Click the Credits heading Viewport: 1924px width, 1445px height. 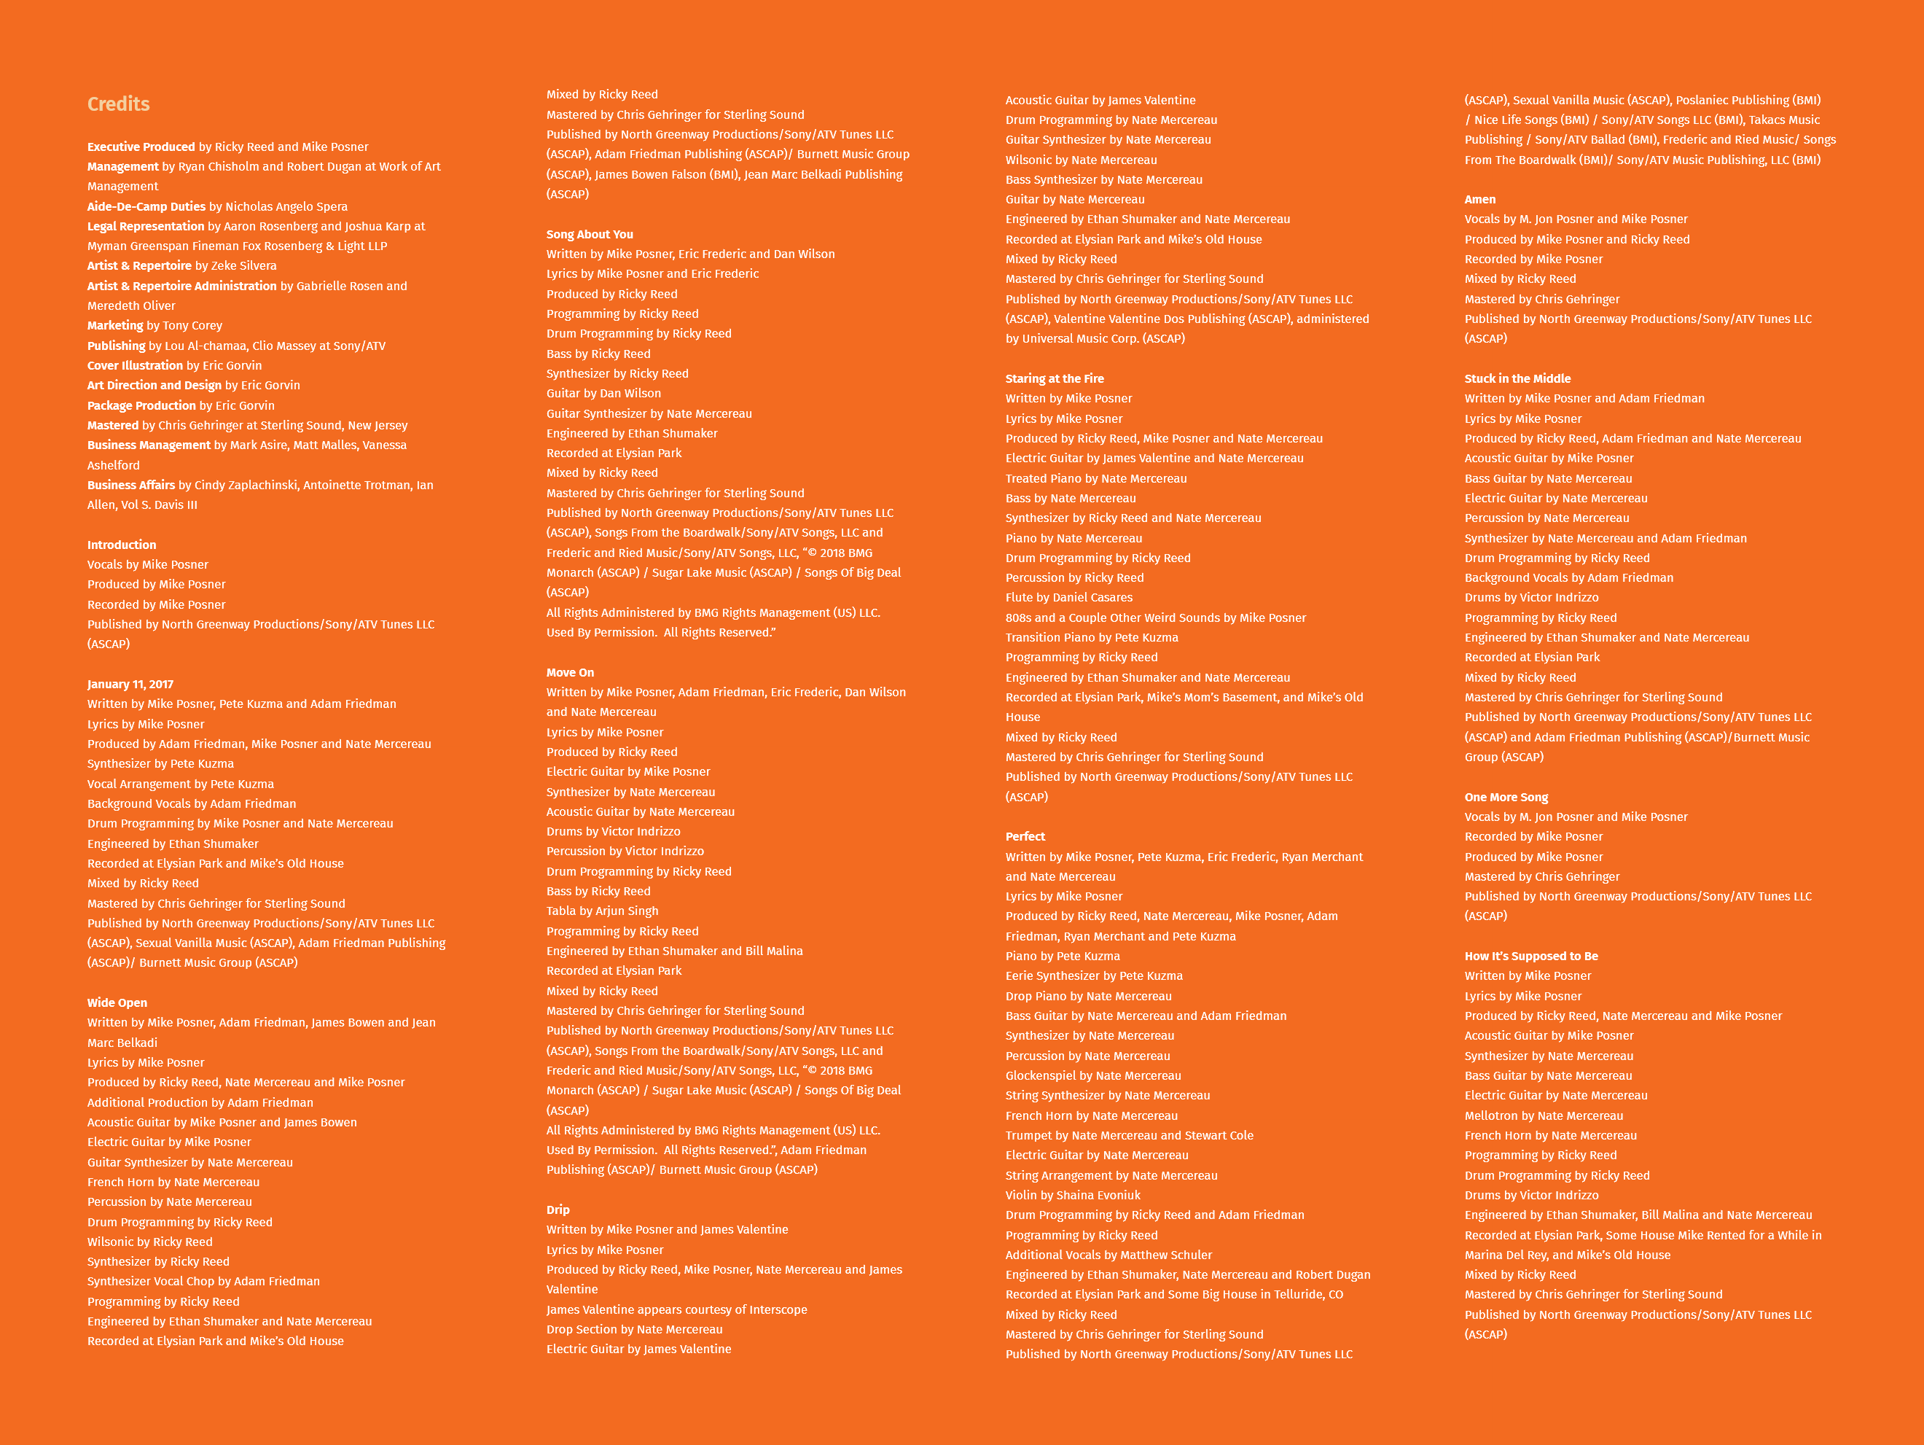pyautogui.click(x=118, y=104)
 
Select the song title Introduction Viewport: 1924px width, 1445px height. pyautogui.click(x=122, y=545)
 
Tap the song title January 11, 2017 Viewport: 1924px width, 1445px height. pyautogui.click(x=130, y=684)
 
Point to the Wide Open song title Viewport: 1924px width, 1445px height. pyautogui.click(x=117, y=1002)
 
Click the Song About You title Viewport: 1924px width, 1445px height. pyautogui.click(x=590, y=234)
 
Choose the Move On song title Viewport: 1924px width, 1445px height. pyautogui.click(x=571, y=672)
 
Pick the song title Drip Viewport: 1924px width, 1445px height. pyautogui.click(x=558, y=1210)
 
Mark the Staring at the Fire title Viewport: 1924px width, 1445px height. pyautogui.click(x=1055, y=378)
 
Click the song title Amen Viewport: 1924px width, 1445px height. pyautogui.click(x=1480, y=199)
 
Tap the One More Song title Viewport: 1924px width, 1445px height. pyautogui.click(x=1506, y=797)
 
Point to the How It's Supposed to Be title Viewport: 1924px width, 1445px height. pyautogui.click(x=1532, y=956)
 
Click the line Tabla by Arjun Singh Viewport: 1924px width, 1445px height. pyautogui.click(x=602, y=911)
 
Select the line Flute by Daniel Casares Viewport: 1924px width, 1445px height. pyautogui.click(x=1069, y=598)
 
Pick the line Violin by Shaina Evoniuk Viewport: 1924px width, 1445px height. pyautogui.click(x=1073, y=1196)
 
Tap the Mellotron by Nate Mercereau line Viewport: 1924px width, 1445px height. pyautogui.click(x=1544, y=1115)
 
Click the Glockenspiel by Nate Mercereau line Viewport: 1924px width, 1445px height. pyautogui.click(x=1093, y=1075)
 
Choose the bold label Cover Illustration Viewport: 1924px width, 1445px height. pyautogui.click(x=135, y=365)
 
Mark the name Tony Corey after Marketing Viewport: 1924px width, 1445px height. pyautogui.click(x=192, y=325)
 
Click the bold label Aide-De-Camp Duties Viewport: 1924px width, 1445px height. pyautogui.click(x=146, y=206)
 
